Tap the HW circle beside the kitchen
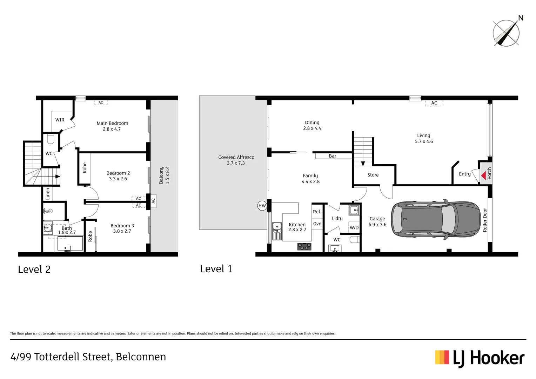point(262,206)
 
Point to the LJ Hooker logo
point(480,358)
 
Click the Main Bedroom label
point(112,123)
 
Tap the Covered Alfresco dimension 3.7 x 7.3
point(236,163)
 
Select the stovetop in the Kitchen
point(304,246)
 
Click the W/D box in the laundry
point(354,227)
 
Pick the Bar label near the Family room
point(333,156)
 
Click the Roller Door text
point(485,220)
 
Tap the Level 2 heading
point(34,270)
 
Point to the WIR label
point(60,120)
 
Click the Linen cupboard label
point(48,194)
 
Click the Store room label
point(373,175)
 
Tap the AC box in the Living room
point(434,103)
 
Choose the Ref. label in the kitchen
point(317,212)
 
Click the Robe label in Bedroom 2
point(85,168)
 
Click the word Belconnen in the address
point(141,357)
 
